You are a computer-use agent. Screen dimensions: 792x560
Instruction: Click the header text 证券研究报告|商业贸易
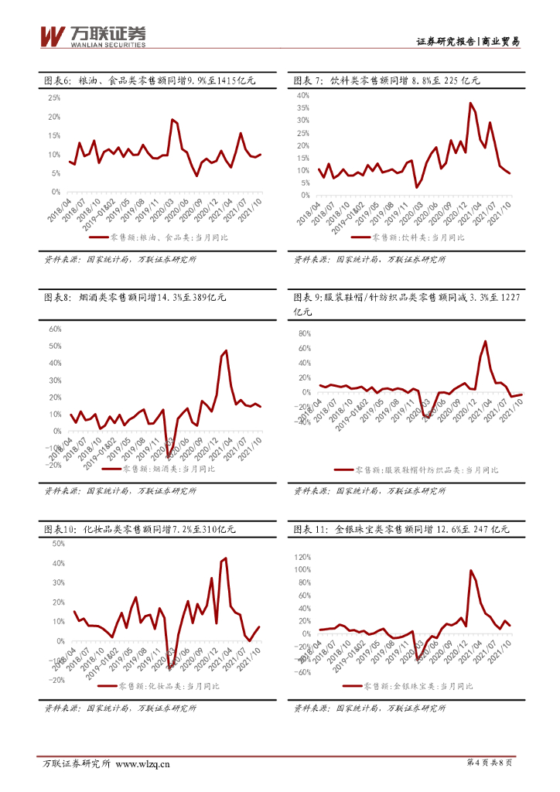tap(468, 42)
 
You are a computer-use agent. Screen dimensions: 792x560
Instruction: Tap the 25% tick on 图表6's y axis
tap(54, 98)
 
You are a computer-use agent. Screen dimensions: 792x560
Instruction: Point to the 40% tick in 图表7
tap(303, 95)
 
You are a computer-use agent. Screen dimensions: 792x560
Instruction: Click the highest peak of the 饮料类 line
tap(470, 103)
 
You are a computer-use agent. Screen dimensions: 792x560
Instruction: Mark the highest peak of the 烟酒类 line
tap(226, 351)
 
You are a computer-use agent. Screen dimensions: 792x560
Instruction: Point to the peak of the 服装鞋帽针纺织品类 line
tap(486, 341)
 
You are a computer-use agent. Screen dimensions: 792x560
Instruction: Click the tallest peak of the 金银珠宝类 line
tap(471, 571)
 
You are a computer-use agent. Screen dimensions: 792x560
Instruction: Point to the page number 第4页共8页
tap(490, 763)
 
